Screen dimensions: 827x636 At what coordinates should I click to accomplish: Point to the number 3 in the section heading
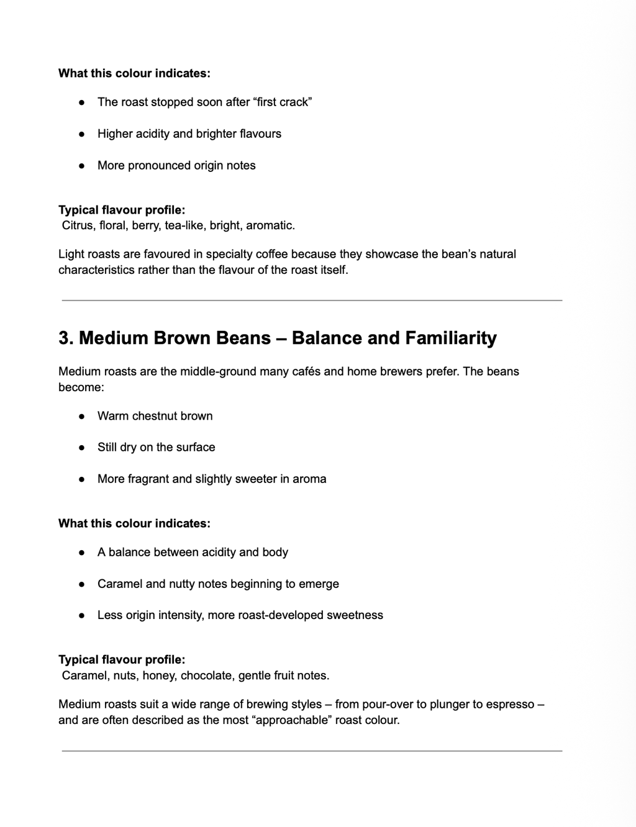(65, 338)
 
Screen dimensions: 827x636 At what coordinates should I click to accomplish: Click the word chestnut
(155, 416)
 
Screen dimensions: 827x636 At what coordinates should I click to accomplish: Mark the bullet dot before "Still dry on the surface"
(81, 448)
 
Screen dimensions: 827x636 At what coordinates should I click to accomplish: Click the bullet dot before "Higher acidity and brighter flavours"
(81, 134)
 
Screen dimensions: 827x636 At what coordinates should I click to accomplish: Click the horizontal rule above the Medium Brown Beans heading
(312, 301)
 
